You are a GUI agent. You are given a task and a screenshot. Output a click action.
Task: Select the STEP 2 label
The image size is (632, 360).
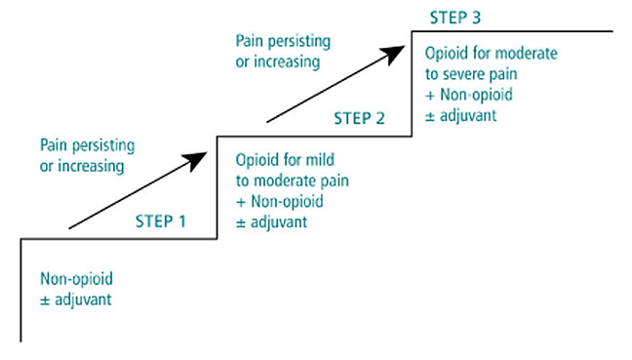(360, 119)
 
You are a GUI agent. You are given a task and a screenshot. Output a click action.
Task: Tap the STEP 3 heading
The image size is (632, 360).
(454, 18)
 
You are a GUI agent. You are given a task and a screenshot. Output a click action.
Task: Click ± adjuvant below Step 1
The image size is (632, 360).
(76, 300)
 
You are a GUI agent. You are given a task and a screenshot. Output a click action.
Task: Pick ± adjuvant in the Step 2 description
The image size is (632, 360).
(273, 220)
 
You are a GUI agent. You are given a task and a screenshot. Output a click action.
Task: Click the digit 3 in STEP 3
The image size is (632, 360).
(475, 18)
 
